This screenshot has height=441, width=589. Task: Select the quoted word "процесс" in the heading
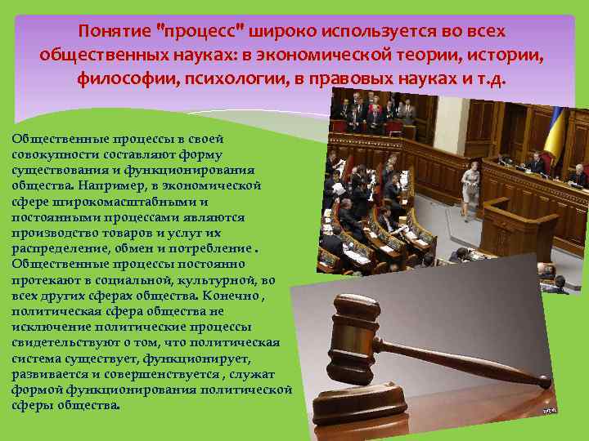[199, 31]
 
